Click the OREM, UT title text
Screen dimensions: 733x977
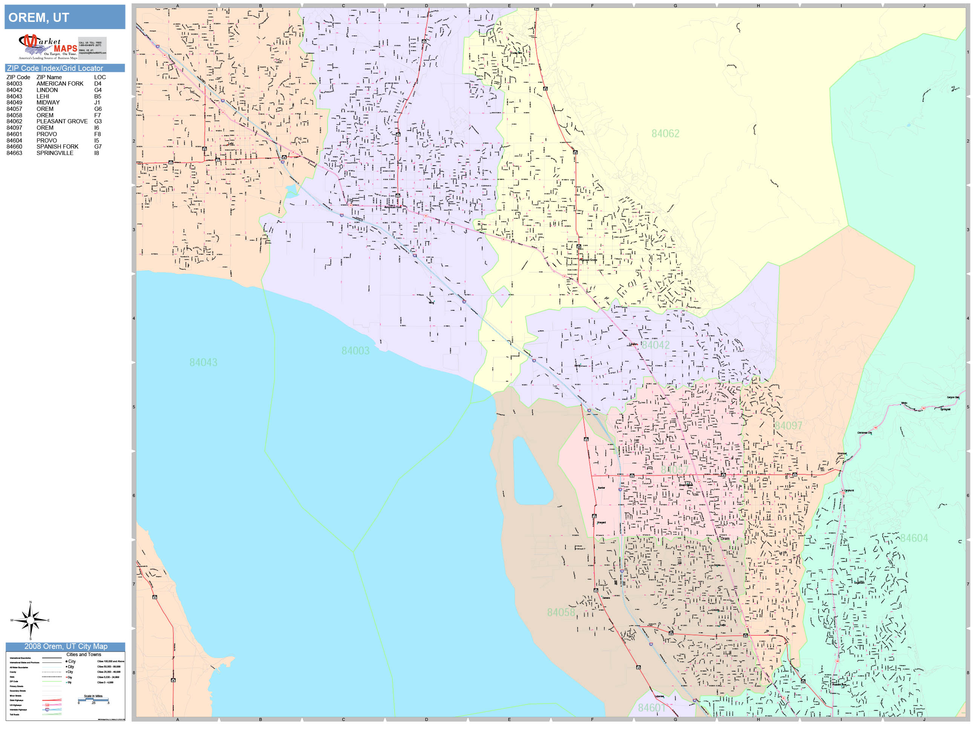pyautogui.click(x=39, y=18)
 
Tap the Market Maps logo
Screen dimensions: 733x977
pyautogui.click(x=48, y=47)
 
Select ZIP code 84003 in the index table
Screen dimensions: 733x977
pyautogui.click(x=14, y=83)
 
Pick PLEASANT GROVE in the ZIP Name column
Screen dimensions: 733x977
pyautogui.click(x=62, y=121)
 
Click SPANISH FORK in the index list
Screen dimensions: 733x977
pyautogui.click(x=57, y=146)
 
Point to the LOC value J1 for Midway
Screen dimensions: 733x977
pyautogui.click(x=97, y=102)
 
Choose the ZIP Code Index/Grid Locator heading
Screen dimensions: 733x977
pyautogui.click(x=55, y=68)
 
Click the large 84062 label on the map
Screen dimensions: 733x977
pyautogui.click(x=665, y=133)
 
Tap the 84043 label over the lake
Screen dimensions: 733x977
pyautogui.click(x=203, y=362)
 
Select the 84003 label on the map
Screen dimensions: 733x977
pyautogui.click(x=355, y=351)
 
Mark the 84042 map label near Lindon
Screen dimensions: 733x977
pyautogui.click(x=655, y=345)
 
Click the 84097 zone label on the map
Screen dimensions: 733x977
pyautogui.click(x=789, y=425)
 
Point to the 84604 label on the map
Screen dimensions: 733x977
pyautogui.click(x=914, y=538)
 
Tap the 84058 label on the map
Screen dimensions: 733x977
pyautogui.click(x=561, y=612)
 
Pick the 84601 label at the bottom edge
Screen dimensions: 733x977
pyautogui.click(x=651, y=708)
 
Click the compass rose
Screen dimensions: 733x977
pyautogui.click(x=30, y=620)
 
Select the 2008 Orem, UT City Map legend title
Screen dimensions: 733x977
pyautogui.click(x=65, y=646)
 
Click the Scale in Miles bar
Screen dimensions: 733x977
pyautogui.click(x=93, y=699)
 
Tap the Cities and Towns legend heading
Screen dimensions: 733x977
pyautogui.click(x=83, y=654)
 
